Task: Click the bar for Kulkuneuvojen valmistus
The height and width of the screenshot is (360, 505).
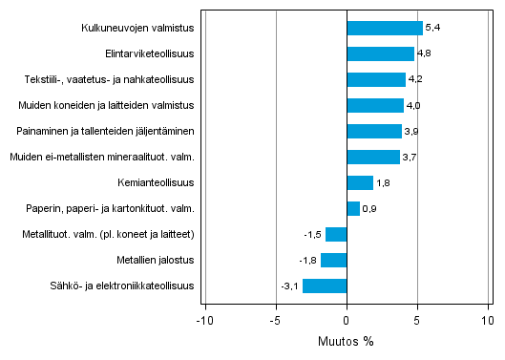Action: (x=384, y=28)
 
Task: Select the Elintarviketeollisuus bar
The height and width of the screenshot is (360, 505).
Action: (x=380, y=53)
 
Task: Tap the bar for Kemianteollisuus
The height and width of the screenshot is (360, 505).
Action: (x=359, y=182)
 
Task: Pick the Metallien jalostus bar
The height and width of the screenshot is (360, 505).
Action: (x=333, y=260)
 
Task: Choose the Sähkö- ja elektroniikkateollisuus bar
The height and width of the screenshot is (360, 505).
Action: (x=325, y=286)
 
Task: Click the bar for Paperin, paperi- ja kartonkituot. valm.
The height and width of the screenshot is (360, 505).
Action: (x=352, y=208)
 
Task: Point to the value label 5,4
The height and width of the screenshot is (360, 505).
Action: (x=432, y=28)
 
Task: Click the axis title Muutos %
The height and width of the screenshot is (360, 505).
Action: (x=346, y=341)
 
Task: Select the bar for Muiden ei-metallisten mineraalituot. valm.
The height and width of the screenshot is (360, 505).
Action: (x=373, y=157)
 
